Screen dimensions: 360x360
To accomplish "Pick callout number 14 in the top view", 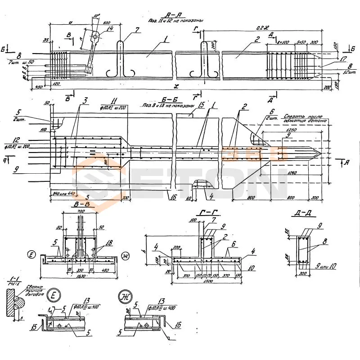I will pyautogui.click(x=110, y=28).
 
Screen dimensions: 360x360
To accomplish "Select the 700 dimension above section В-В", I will pyautogui.click(x=81, y=211).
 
